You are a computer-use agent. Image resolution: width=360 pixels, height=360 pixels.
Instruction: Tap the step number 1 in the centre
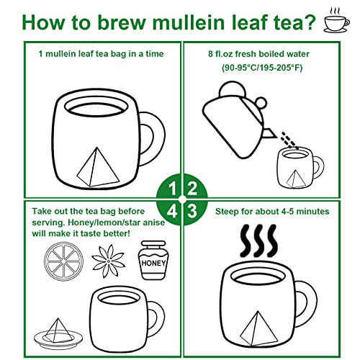coord(171,189)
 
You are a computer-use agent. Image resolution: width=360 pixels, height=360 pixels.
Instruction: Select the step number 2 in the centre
coord(192,189)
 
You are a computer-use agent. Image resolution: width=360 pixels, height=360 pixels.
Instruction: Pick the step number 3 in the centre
coord(192,210)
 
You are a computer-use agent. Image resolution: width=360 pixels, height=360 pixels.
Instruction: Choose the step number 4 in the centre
coord(171,210)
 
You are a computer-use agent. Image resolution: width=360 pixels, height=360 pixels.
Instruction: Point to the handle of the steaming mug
coord(305,298)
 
